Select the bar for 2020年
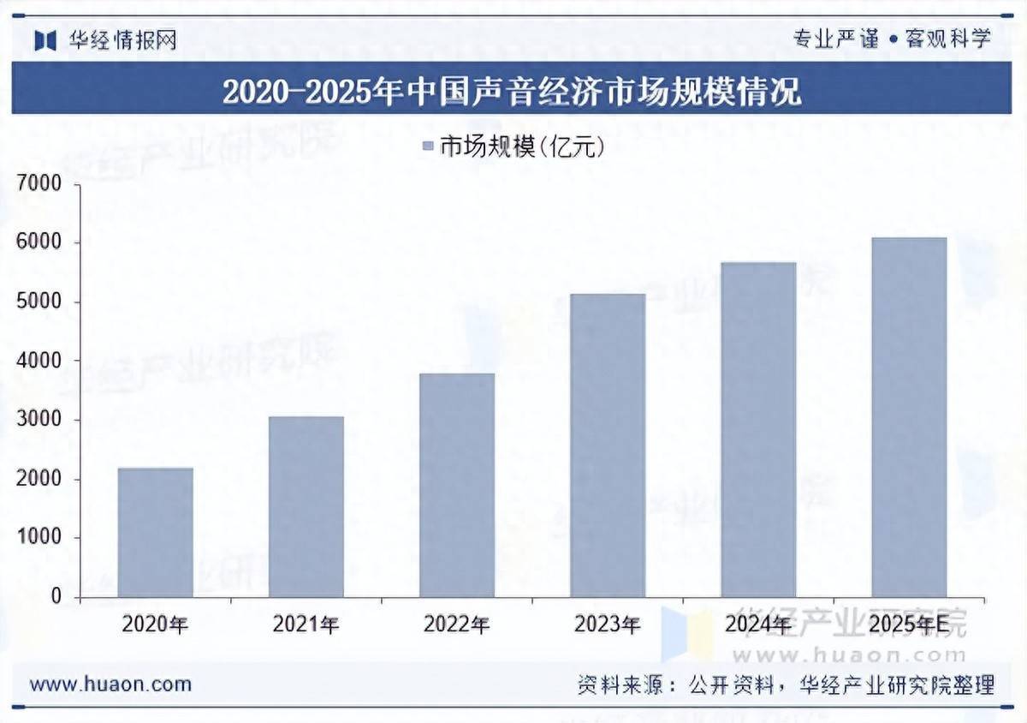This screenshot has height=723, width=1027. [x=155, y=532]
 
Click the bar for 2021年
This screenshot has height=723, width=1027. [x=306, y=506]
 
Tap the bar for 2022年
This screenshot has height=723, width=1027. [x=456, y=485]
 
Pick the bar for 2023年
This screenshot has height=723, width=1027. [x=607, y=445]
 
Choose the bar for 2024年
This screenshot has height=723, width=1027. [x=757, y=429]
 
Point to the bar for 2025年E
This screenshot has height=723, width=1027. [x=908, y=417]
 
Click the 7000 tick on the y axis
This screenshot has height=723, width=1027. [x=39, y=184]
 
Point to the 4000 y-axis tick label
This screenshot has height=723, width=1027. [x=39, y=361]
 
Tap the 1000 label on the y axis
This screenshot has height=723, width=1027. [x=39, y=538]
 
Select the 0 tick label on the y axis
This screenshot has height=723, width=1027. [x=56, y=597]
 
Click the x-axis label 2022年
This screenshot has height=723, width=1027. [x=456, y=624]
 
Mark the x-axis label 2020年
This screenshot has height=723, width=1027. [x=155, y=624]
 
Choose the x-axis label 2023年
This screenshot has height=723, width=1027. [x=607, y=624]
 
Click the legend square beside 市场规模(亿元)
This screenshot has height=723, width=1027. [x=428, y=147]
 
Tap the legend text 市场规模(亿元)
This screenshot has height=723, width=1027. [x=523, y=147]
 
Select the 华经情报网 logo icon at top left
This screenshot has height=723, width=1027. [x=45, y=40]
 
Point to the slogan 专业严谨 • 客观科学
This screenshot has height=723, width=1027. [x=892, y=39]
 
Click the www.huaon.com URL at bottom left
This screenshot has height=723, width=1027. [x=110, y=684]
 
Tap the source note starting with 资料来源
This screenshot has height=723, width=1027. [x=785, y=684]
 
